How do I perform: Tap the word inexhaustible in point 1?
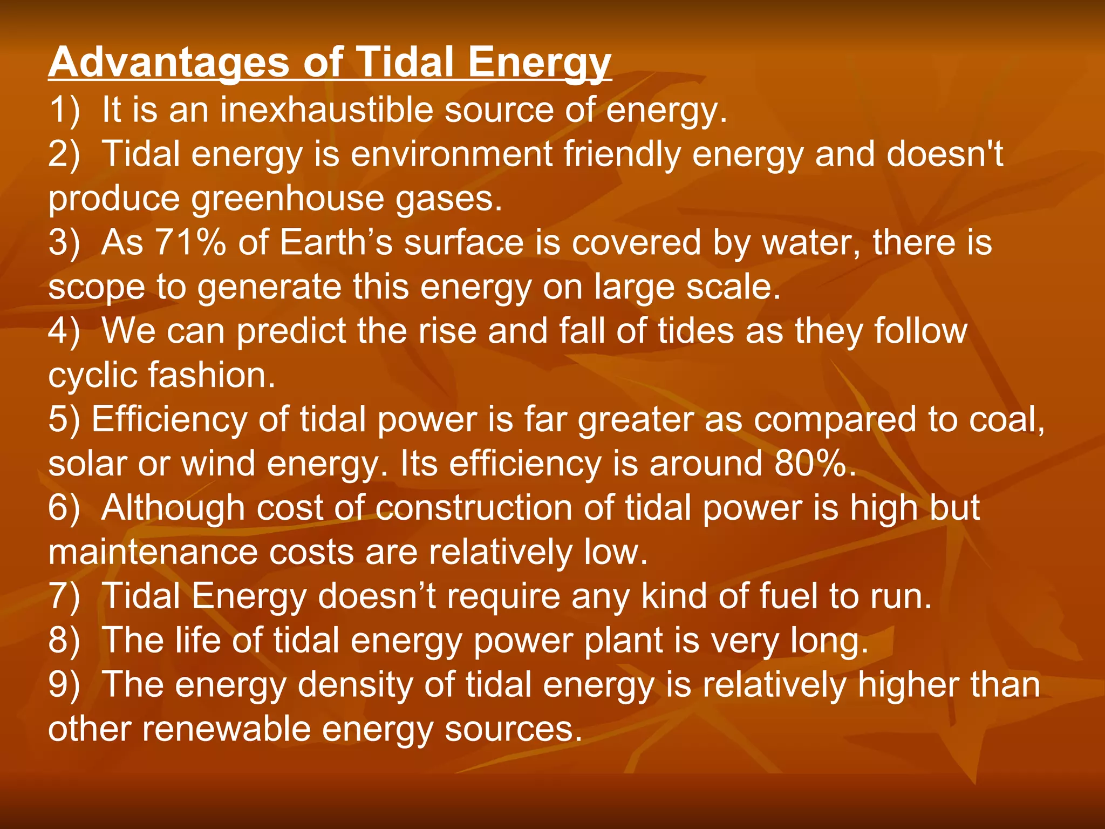pos(326,110)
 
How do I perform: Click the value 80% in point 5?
pos(809,464)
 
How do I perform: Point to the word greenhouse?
pos(288,199)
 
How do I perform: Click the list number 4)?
pos(64,331)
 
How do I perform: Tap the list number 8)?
pos(64,641)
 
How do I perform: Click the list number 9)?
pos(64,685)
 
